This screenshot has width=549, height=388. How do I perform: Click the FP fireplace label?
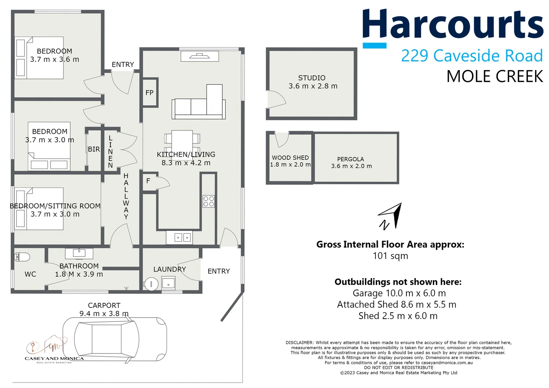pos(150,93)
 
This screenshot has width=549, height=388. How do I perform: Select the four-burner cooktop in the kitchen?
pos(209,201)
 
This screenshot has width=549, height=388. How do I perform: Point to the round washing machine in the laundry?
pos(151,284)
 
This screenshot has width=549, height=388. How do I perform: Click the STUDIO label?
pos(312,78)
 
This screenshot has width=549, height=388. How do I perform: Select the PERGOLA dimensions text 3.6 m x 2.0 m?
pos(351,166)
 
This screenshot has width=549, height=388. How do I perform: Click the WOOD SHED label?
pos(290,158)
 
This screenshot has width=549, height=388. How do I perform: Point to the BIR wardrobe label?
pos(94,149)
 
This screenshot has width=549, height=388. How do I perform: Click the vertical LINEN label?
pos(110,152)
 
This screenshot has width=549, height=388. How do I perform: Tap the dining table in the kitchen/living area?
pos(182,143)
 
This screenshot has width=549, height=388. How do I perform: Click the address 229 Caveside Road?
pos(471,56)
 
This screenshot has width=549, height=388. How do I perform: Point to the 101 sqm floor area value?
pos(390,256)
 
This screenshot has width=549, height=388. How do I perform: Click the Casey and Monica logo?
pos(54,350)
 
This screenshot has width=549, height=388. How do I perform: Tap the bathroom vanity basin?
pos(79,253)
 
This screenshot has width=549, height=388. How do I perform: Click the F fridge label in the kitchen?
pos(148,181)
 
